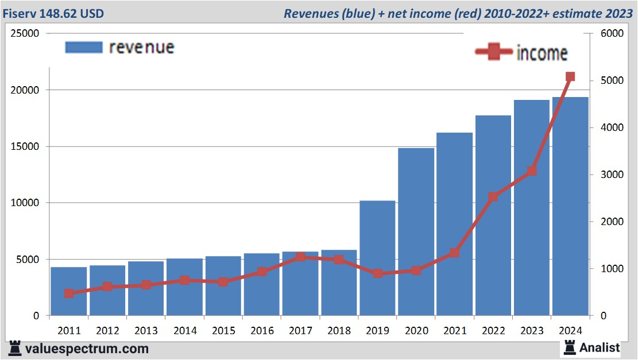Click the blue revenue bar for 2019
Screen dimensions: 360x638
point(377,258)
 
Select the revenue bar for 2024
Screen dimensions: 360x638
point(570,207)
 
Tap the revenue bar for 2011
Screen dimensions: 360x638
point(68,291)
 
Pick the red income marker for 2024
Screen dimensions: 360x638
point(570,77)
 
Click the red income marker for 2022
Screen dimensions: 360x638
point(493,197)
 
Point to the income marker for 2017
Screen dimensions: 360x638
point(300,257)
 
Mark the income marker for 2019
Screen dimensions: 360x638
point(377,273)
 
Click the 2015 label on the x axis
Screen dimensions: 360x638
point(223,331)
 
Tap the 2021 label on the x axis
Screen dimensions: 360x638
point(454,331)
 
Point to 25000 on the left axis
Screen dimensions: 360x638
point(25,34)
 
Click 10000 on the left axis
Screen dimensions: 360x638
point(25,203)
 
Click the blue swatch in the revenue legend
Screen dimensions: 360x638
point(84,47)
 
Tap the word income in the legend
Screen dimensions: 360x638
point(542,53)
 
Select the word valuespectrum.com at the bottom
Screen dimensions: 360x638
point(86,349)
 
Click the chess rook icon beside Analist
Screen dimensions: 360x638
point(570,347)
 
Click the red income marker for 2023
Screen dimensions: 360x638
point(532,171)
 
